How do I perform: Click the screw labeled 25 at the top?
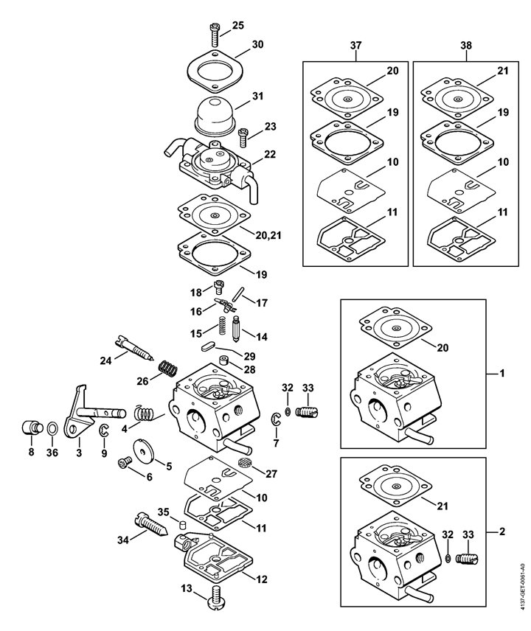tap(214, 35)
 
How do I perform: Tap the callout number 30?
tap(257, 44)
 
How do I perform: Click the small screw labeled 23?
tap(243, 137)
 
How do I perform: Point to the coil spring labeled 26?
tap(168, 368)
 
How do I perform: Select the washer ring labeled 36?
tap(52, 429)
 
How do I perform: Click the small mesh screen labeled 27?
tap(244, 462)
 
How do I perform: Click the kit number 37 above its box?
tap(356, 46)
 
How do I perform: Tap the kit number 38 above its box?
tap(466, 46)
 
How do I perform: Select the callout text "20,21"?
tap(268, 235)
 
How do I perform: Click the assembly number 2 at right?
tap(502, 531)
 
